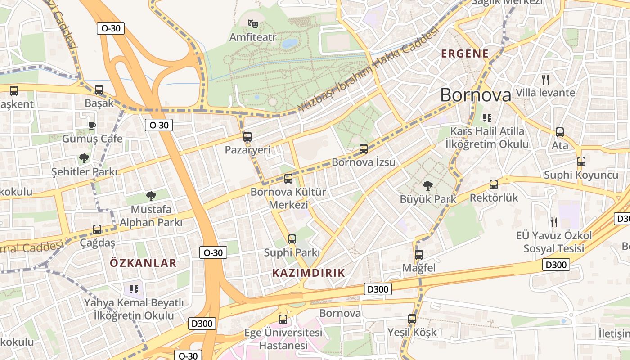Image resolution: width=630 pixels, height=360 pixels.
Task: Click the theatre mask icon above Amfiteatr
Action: point(252,23)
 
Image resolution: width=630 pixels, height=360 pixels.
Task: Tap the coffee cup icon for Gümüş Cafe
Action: point(92,125)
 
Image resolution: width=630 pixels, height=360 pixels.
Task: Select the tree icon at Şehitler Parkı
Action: point(84,158)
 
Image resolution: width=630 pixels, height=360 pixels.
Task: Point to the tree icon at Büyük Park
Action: point(428,185)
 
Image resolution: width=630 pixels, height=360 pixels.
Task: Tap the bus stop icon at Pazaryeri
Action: point(247,136)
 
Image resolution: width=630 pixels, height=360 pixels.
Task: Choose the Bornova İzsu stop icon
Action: point(364,148)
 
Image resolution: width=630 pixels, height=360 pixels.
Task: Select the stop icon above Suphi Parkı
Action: point(292,239)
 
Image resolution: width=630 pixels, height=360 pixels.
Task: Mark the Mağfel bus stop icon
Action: point(419,254)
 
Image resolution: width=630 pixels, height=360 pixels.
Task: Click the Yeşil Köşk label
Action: point(412,333)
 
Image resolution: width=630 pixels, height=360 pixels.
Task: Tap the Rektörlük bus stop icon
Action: point(494,184)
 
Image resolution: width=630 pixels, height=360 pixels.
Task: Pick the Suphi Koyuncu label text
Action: point(581,175)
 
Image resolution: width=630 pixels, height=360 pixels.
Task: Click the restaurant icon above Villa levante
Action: point(545,80)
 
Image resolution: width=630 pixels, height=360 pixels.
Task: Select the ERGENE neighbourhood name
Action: point(465,54)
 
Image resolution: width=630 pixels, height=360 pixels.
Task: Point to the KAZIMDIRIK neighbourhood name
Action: point(309,273)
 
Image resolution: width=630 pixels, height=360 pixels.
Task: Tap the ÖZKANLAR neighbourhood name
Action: point(144,263)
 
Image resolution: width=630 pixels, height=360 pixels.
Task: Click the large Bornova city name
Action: point(476,95)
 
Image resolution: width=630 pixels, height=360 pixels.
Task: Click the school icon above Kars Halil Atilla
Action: point(486,118)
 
